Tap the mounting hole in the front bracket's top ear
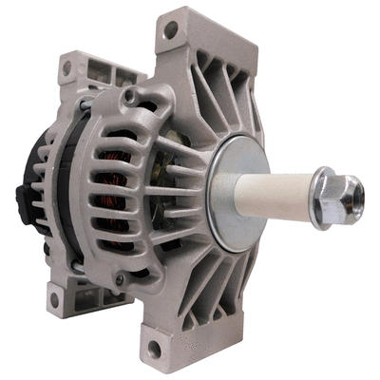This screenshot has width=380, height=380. tap(170, 29)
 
